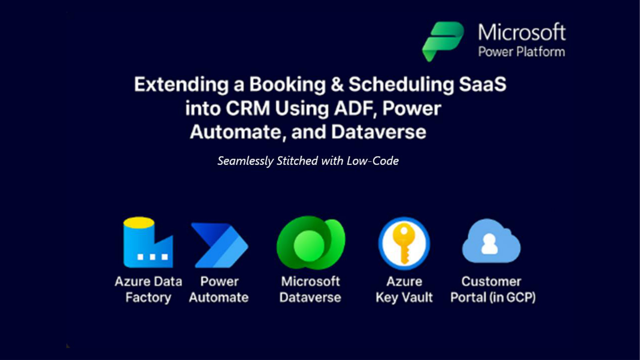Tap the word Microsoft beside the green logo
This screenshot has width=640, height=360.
point(522,33)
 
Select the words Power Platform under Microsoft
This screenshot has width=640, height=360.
point(522,52)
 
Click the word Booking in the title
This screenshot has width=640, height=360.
point(288,85)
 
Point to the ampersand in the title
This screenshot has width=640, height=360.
point(337,84)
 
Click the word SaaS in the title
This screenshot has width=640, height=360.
point(482,84)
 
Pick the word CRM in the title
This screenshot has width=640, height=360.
point(248,108)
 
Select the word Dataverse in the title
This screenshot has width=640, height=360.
point(379,132)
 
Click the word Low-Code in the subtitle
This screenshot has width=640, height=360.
point(373,161)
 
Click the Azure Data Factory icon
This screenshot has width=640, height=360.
point(148,242)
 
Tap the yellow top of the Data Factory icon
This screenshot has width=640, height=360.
point(139,222)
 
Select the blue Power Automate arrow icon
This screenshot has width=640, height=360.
point(219,245)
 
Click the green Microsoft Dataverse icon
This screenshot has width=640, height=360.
point(311,243)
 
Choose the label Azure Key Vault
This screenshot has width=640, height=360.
point(404,289)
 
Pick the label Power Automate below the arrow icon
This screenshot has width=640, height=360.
point(219,289)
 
